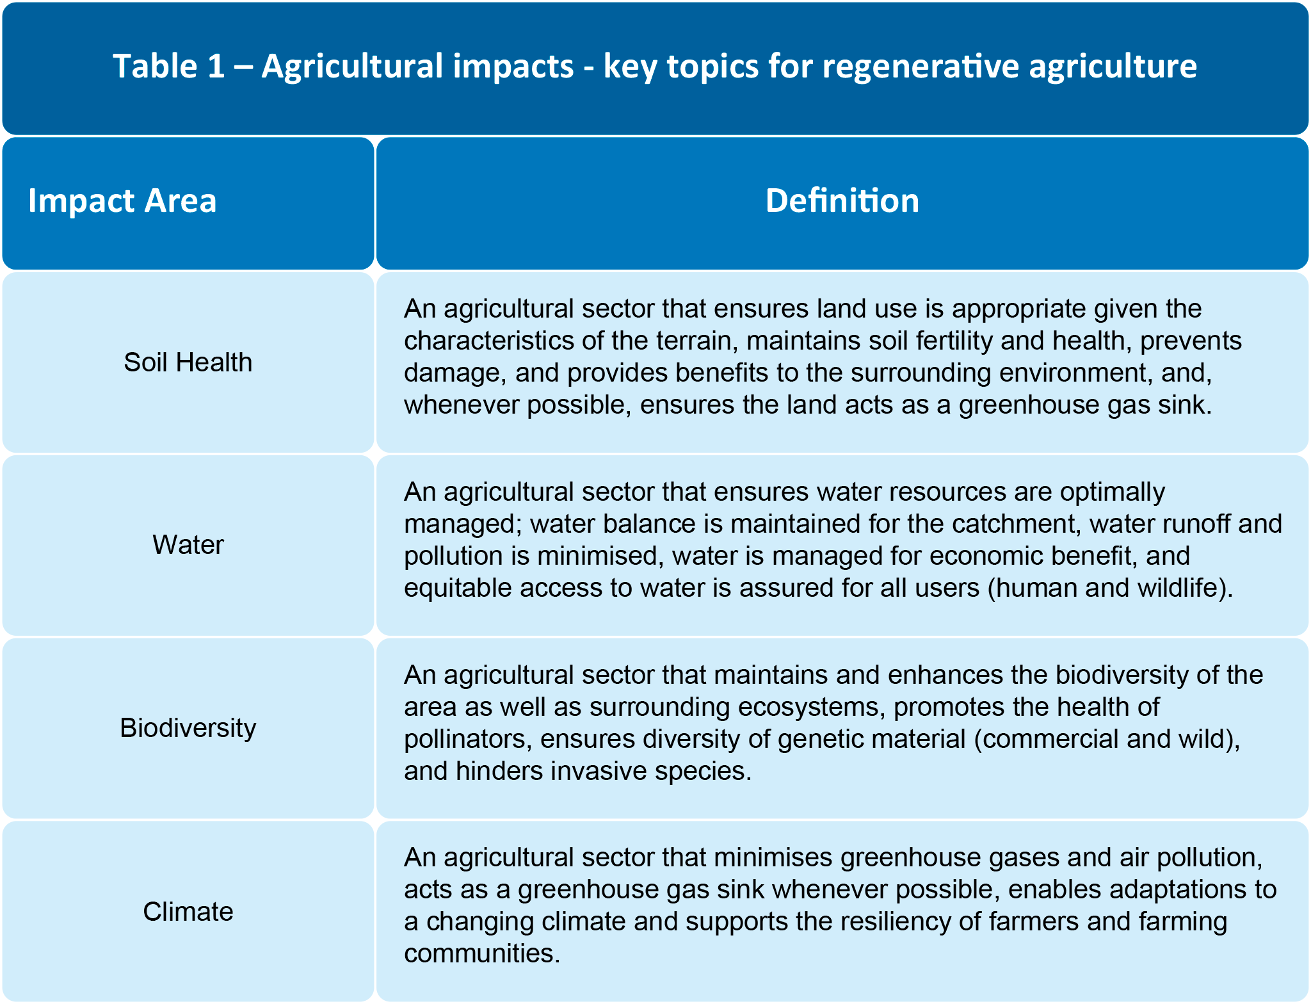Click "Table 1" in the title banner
pyautogui.click(x=169, y=66)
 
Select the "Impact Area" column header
pyautogui.click(x=122, y=201)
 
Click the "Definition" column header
pyautogui.click(x=842, y=200)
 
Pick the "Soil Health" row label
pyautogui.click(x=188, y=362)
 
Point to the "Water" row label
pyautogui.click(x=188, y=545)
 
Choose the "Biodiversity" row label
pyautogui.click(x=188, y=728)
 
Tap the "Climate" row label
pyautogui.click(x=188, y=911)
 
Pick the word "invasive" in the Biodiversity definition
pyautogui.click(x=597, y=771)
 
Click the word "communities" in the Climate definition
pyautogui.click(x=482, y=953)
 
